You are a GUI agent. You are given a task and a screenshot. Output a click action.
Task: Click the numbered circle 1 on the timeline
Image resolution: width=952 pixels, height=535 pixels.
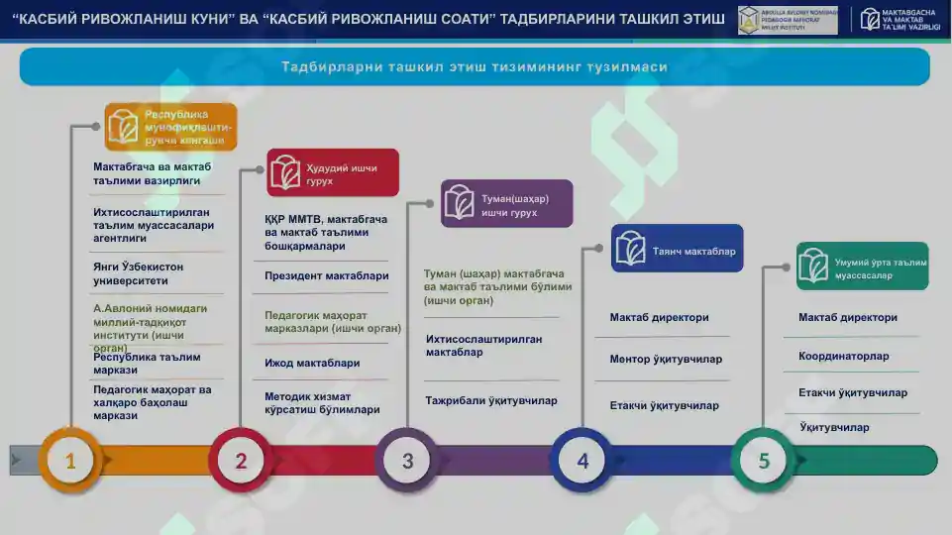tap(69, 461)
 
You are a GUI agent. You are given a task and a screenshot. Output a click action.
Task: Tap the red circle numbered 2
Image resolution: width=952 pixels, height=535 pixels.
tap(241, 461)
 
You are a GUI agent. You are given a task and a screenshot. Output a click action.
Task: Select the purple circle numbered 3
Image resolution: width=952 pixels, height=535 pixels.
tap(408, 461)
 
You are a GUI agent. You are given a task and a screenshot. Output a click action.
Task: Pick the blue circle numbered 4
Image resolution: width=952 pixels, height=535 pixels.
tap(582, 461)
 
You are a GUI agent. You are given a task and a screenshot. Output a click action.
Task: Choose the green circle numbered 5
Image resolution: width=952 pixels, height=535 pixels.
tap(763, 461)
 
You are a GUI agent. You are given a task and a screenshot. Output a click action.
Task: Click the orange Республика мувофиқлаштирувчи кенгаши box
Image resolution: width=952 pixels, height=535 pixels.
tap(171, 127)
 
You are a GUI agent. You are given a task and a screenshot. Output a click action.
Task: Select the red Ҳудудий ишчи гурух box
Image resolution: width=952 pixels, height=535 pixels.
tap(332, 172)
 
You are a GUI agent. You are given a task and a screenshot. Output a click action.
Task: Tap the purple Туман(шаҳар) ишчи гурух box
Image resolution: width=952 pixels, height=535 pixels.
tap(506, 203)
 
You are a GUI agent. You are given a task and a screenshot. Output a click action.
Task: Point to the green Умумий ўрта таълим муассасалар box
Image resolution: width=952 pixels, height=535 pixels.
tap(862, 267)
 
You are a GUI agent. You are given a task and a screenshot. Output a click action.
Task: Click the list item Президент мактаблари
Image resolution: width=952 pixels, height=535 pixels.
tap(326, 276)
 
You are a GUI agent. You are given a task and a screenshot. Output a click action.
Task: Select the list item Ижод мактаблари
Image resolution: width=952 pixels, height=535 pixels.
tap(312, 363)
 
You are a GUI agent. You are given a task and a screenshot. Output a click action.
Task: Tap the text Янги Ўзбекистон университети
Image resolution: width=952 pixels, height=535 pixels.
tap(138, 273)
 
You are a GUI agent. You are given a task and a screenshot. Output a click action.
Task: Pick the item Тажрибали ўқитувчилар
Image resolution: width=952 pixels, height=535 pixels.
tap(491, 401)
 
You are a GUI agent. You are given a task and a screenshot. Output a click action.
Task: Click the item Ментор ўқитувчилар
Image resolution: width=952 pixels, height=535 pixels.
tap(666, 360)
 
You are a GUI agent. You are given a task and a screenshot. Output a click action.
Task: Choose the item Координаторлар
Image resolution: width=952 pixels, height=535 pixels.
tap(843, 356)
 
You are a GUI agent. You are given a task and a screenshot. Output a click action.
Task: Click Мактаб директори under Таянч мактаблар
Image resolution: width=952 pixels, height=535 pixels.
tap(659, 318)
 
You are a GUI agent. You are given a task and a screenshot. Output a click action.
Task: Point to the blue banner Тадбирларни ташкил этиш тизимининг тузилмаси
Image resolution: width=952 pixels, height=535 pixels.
tap(475, 67)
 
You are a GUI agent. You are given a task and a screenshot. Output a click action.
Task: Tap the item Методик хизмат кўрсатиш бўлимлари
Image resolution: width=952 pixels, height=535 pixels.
tap(322, 403)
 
